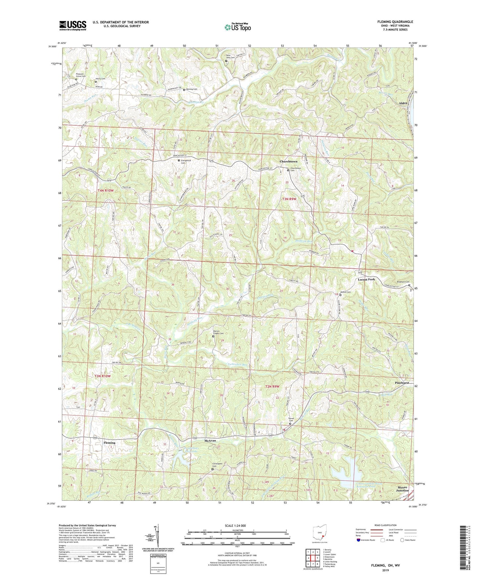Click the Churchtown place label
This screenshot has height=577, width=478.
pyautogui.click(x=288, y=161)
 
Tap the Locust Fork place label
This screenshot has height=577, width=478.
pyautogui.click(x=366, y=279)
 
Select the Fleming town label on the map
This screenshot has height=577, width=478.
pyautogui.click(x=109, y=442)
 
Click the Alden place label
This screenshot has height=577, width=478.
pyautogui.click(x=403, y=103)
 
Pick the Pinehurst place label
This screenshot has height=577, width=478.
pyautogui.click(x=402, y=383)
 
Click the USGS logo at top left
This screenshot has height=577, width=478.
pyautogui.click(x=73, y=25)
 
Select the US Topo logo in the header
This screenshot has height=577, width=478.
pyautogui.click(x=237, y=27)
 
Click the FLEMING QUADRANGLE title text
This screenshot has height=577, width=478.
pyautogui.click(x=395, y=22)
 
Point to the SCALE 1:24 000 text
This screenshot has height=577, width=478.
pyautogui.click(x=237, y=526)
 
